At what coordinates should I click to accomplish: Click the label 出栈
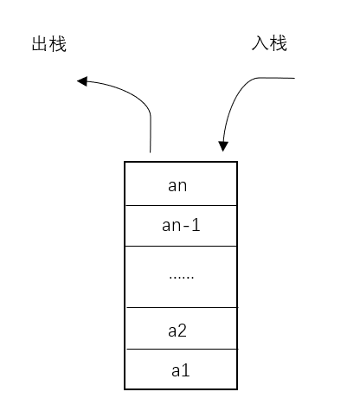click(48, 44)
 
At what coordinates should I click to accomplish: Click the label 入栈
click(269, 43)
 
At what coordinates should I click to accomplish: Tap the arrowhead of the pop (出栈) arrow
click(81, 81)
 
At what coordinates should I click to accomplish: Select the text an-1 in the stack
click(181, 226)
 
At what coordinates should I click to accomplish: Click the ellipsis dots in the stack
click(181, 276)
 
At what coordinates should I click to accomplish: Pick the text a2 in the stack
click(177, 330)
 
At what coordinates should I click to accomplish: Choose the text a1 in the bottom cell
click(181, 370)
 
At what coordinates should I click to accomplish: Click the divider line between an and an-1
click(181, 205)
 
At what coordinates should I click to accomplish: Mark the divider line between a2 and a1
click(181, 350)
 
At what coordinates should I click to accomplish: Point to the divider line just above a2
click(181, 308)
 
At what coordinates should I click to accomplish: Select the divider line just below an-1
click(181, 247)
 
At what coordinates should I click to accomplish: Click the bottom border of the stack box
click(181, 389)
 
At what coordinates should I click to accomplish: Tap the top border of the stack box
click(181, 163)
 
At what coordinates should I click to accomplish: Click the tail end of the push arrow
click(295, 79)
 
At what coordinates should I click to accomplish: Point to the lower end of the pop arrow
click(151, 152)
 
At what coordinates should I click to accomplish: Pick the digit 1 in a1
click(186, 370)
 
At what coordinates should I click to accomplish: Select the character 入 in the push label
click(260, 43)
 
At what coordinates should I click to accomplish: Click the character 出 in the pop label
click(39, 44)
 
